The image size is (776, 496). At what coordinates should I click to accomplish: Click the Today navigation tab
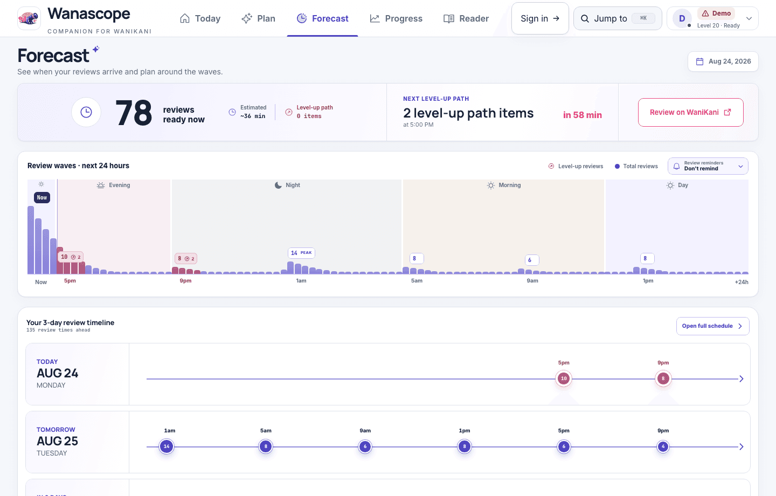tap(200, 18)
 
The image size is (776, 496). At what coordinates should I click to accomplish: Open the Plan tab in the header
tap(258, 18)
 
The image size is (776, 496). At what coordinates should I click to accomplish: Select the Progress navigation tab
tap(396, 18)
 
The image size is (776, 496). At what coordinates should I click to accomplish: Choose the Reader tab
tap(466, 18)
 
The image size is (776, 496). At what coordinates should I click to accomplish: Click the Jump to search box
tap(618, 18)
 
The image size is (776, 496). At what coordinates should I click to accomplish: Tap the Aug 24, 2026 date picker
tap(723, 61)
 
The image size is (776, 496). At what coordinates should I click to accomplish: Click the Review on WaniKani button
tap(690, 112)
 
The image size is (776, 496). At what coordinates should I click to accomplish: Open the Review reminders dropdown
tap(708, 166)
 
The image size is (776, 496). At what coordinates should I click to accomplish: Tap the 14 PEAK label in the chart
tap(301, 253)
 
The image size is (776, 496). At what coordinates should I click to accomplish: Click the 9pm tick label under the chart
tap(185, 281)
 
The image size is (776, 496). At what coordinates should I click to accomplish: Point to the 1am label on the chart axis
tap(301, 281)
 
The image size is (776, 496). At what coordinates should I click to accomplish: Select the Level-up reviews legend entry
tap(576, 167)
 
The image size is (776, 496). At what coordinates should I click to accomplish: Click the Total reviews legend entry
tap(636, 167)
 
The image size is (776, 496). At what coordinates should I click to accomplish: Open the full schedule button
tap(712, 326)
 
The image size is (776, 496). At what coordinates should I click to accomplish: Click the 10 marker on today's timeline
tap(564, 378)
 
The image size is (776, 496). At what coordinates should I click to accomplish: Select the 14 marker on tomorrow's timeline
tap(167, 446)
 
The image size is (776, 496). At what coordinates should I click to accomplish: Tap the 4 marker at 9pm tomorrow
tap(663, 446)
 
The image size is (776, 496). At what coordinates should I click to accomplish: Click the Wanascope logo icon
tap(29, 18)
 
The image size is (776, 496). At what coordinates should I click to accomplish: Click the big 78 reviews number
tap(134, 113)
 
